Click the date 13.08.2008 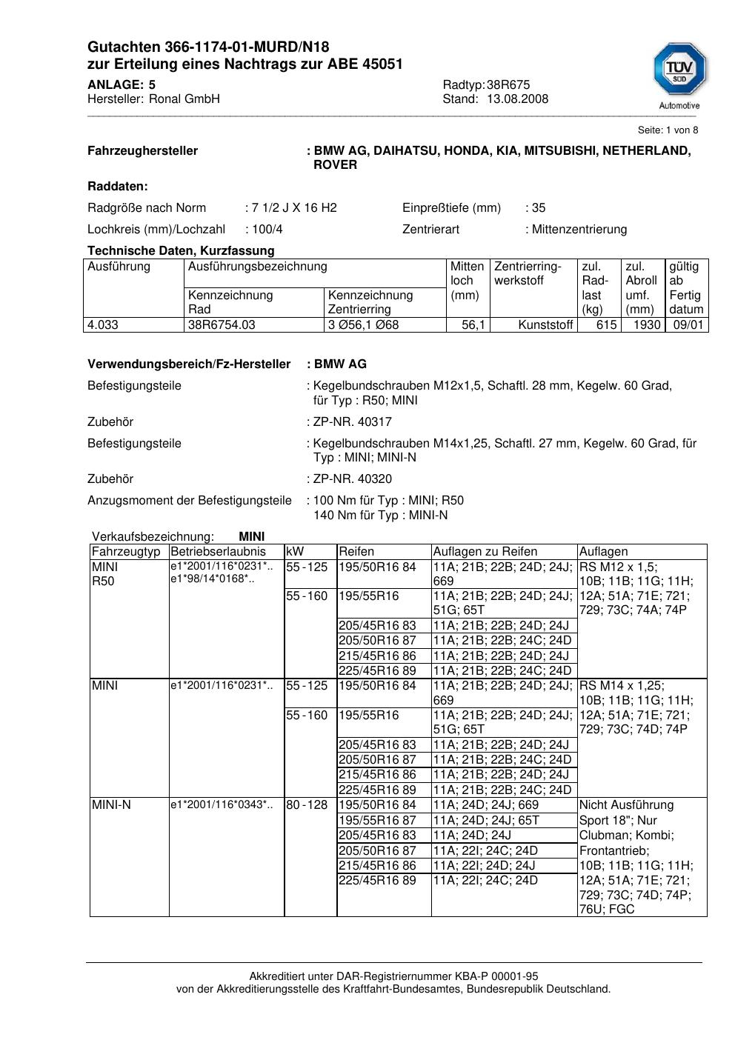tap(517, 99)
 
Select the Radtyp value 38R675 tap(508, 85)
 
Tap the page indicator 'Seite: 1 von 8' tap(668, 130)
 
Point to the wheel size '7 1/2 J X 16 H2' tap(294, 208)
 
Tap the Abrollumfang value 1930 tap(646, 325)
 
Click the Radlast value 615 tap(606, 325)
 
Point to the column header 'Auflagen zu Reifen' tap(485, 552)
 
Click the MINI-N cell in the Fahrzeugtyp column tap(111, 805)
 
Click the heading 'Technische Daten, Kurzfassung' tap(181, 251)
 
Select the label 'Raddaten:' tap(118, 187)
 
